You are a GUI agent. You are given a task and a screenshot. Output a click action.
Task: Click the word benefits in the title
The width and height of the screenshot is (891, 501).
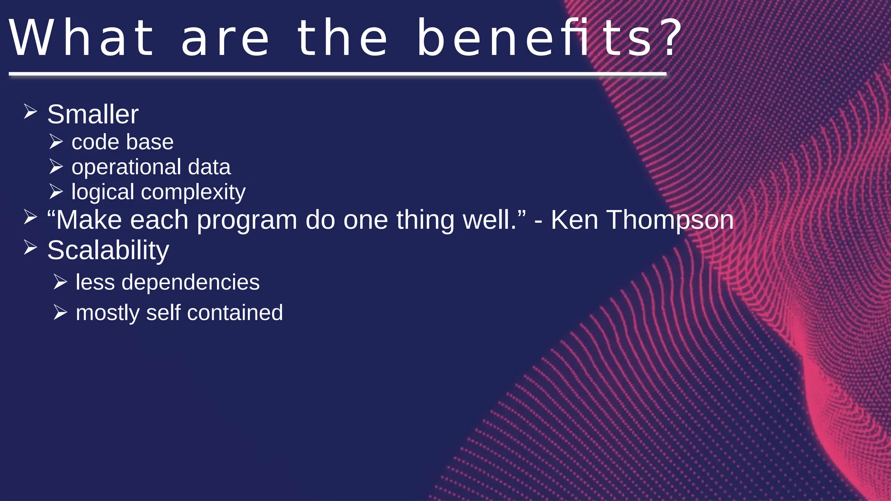tap(535, 38)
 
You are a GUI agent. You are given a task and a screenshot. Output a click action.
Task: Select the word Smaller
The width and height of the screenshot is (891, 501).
tap(93, 114)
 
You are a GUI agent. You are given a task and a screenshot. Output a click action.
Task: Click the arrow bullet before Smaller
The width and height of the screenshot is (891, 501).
tap(30, 112)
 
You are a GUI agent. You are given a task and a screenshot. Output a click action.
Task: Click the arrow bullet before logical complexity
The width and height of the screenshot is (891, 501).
tap(56, 191)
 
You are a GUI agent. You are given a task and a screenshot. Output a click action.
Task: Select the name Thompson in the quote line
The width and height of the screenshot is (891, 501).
tap(670, 220)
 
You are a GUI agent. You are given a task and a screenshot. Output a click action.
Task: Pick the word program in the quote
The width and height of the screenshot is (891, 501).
tap(247, 220)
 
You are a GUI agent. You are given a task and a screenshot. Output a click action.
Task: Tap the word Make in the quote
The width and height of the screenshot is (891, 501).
tap(89, 220)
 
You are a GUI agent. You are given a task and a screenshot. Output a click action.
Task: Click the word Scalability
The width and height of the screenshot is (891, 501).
tap(108, 250)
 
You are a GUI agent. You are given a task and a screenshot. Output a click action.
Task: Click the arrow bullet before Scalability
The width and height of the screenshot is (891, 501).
tap(30, 247)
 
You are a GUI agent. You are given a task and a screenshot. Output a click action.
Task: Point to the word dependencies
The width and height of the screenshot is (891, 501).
tap(191, 283)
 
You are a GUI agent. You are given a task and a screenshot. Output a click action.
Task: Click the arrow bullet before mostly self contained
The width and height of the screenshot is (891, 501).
tap(60, 312)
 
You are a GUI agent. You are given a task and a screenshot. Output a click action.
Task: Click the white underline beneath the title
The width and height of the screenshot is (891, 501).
tap(338, 74)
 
